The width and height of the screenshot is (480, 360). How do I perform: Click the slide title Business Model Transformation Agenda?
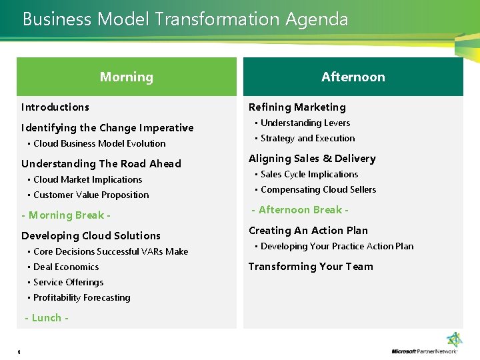185,19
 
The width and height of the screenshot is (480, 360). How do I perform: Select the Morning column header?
126,77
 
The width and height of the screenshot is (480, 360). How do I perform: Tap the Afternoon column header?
353,77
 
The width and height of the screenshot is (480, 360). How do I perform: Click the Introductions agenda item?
55,107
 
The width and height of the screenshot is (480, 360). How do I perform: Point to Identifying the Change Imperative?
107,127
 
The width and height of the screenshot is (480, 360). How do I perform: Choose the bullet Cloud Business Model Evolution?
99,143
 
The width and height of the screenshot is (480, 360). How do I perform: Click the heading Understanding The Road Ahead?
101,163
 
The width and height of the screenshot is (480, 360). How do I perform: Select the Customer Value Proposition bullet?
91,195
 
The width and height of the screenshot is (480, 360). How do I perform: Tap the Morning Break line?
66,215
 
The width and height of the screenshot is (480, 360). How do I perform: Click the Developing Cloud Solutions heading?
91,235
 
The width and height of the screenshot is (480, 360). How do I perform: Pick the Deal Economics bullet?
66,267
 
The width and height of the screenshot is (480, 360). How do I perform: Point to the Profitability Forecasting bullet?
81,297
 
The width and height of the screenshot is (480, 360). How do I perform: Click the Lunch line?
47,317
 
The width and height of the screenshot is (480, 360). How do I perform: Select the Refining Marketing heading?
297,107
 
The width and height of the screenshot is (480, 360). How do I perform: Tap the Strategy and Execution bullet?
307,138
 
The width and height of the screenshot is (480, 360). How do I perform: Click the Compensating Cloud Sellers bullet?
318,189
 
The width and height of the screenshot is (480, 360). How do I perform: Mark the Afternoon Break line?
300,209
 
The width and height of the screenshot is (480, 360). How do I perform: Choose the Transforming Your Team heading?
311,266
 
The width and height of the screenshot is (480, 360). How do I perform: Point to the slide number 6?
19,352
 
